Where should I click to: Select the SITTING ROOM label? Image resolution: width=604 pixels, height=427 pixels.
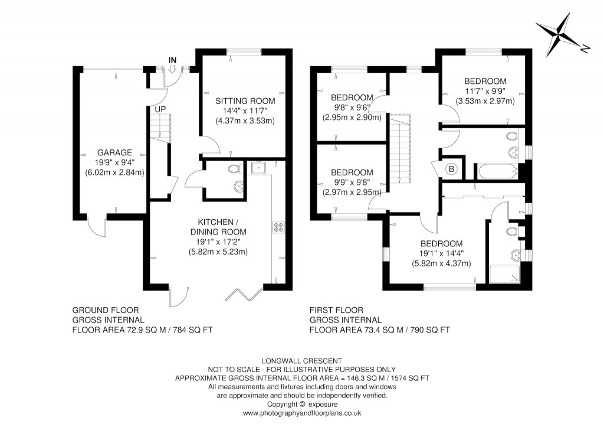pyautogui.click(x=245, y=101)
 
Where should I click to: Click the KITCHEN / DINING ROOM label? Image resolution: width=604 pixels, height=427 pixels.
pyautogui.click(x=218, y=227)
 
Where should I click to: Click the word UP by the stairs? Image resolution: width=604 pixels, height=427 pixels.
pyautogui.click(x=160, y=109)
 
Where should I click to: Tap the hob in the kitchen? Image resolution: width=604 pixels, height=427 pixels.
pyautogui.click(x=278, y=227)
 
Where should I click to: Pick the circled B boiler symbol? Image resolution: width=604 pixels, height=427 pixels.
pyautogui.click(x=452, y=170)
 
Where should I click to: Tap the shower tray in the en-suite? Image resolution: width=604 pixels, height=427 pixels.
pyautogui.click(x=505, y=275)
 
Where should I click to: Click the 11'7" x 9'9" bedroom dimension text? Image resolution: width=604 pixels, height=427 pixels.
pyautogui.click(x=485, y=91)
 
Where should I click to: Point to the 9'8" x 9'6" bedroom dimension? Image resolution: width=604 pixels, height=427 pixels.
pyautogui.click(x=352, y=107)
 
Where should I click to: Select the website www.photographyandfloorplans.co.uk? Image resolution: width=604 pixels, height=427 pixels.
pyautogui.click(x=301, y=413)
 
